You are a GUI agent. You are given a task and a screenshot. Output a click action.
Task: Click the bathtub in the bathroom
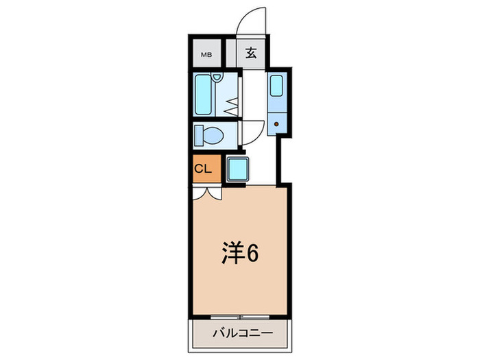[204, 95]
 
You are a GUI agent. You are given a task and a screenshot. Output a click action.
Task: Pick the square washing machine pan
[238, 168]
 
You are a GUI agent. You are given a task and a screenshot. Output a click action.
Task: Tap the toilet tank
[197, 135]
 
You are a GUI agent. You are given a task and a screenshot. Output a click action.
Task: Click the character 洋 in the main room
[231, 254]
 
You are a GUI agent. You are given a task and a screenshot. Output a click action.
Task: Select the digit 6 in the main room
[252, 254]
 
